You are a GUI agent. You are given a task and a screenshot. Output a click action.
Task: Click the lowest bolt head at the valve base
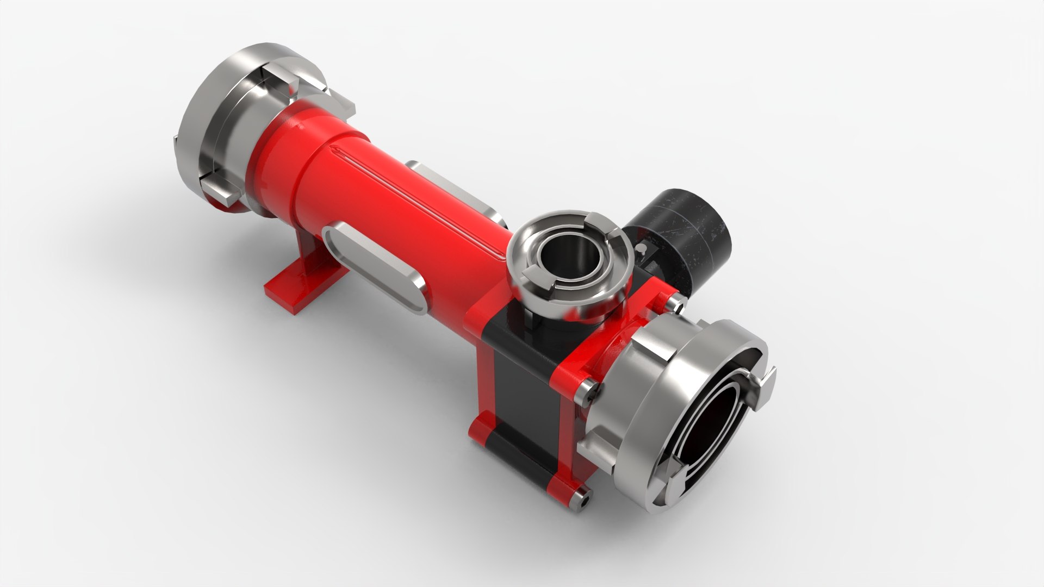[x=582, y=498]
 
